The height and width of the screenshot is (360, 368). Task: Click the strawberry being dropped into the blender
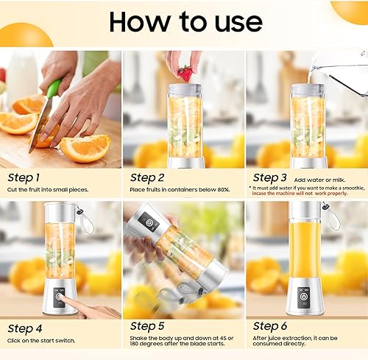tap(185, 73)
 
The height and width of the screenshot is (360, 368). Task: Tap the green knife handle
tap(53, 88)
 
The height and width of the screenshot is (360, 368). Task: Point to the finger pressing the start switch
tap(74, 302)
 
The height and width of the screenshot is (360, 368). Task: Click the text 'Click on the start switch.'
tap(44, 340)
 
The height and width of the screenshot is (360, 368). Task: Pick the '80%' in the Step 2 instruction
tap(223, 191)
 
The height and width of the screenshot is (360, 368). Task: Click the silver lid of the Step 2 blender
tap(184, 91)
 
